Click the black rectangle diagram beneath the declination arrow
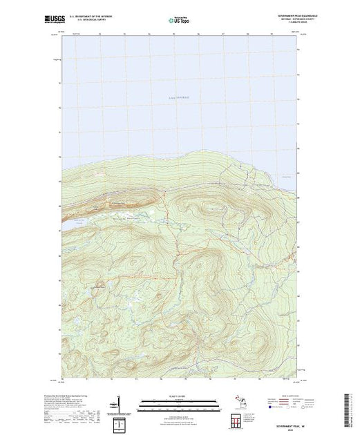[120, 420]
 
